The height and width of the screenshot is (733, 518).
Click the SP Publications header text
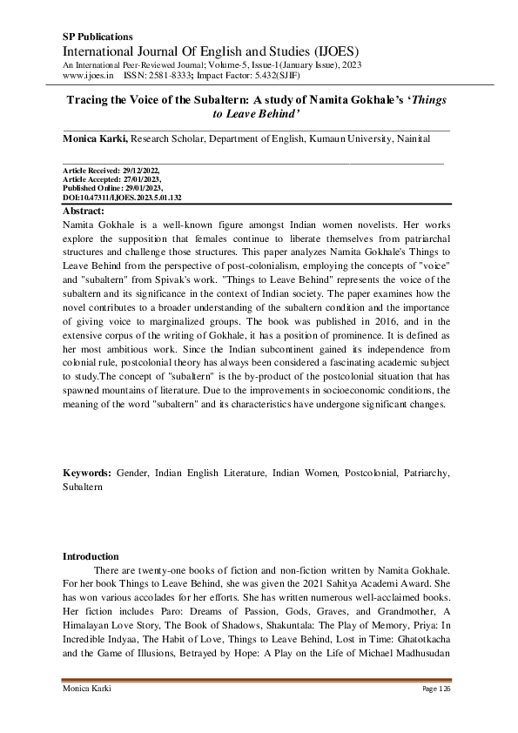pyautogui.click(x=98, y=37)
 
